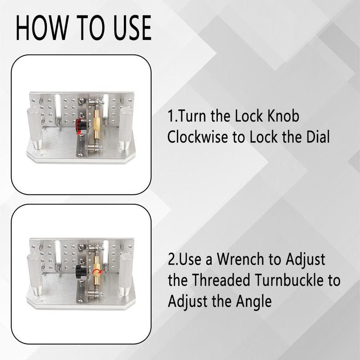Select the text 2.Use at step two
pos(185,260)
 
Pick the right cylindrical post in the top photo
pos(126,128)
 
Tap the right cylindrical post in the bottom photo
pos(126,274)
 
